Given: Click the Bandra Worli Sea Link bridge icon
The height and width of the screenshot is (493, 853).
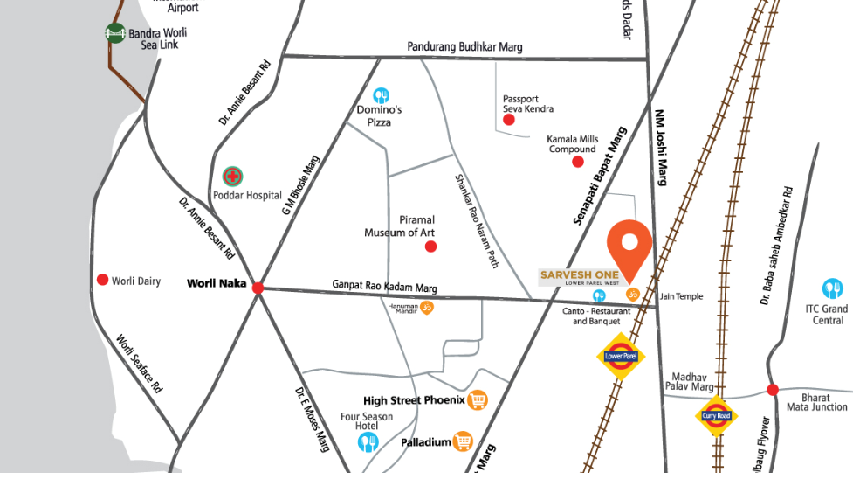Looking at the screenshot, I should coord(115,33).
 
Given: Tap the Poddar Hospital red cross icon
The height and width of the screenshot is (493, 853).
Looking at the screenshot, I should coord(232,177).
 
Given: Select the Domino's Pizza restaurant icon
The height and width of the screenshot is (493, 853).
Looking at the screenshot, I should coord(381,95).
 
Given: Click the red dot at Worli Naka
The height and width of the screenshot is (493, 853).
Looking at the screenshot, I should coord(258,288).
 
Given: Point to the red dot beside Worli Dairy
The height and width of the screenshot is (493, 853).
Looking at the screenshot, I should coord(102,280).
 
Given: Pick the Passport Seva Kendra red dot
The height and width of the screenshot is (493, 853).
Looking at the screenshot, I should coord(509,120).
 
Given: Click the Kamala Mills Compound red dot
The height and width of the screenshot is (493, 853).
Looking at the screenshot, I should coord(577,162).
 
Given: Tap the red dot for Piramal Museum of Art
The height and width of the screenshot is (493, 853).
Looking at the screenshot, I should coord(430,246).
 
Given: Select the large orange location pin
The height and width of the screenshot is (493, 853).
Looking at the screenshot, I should coord(629,246).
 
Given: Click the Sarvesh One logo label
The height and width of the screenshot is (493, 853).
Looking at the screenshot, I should coord(580,277).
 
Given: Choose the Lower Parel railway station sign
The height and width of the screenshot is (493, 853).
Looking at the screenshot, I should coord(620,356).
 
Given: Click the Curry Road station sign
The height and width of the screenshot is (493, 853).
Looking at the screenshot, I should coord(717,415).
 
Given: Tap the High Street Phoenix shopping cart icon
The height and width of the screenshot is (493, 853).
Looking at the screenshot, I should coord(477,400).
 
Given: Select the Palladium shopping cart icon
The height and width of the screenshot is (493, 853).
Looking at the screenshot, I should coord(463,442).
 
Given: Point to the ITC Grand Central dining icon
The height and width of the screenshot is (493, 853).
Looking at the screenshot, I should coord(833,288).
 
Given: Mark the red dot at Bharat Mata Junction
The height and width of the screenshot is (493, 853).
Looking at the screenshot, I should coord(772,389).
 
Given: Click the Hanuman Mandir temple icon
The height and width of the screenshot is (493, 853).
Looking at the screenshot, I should coord(427,307).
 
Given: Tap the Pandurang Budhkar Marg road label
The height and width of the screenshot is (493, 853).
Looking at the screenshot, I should coord(464,47).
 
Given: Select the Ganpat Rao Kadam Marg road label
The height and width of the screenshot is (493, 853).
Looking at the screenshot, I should coord(384,287).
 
